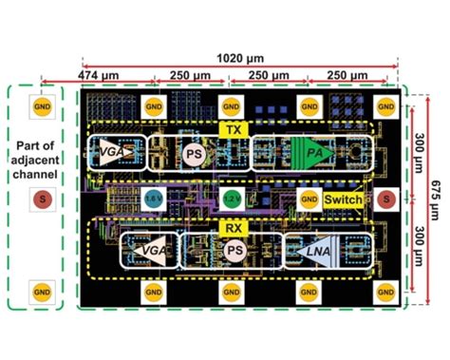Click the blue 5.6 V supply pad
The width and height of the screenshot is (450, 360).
(x=153, y=199)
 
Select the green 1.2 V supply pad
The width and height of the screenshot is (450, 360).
(x=232, y=199)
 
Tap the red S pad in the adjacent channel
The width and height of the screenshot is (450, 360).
(x=40, y=199)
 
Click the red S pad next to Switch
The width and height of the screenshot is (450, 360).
(x=384, y=199)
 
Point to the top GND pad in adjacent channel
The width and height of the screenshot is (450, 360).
(x=40, y=106)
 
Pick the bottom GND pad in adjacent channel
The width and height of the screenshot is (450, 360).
(x=40, y=289)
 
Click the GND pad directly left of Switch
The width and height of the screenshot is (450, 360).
(x=308, y=199)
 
